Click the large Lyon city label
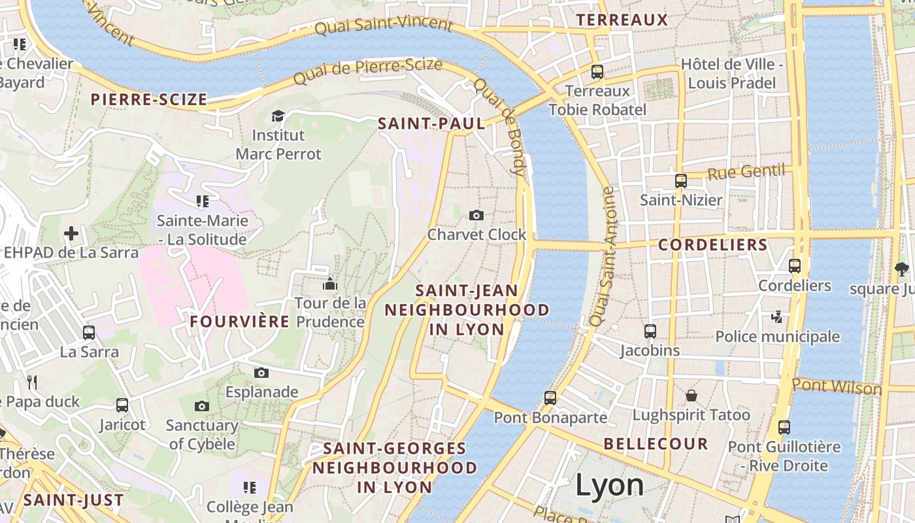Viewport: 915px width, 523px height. [x=609, y=485]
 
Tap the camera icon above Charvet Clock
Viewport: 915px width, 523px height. [x=476, y=215]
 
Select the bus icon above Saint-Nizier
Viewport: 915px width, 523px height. [x=680, y=180]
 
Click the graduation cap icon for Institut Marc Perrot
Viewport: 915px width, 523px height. [x=278, y=116]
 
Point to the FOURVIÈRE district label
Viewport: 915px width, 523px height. [x=239, y=322]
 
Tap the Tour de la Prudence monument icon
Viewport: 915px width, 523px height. [x=330, y=284]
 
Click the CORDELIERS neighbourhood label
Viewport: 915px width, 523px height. [x=712, y=245]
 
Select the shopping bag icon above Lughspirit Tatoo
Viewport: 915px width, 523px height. [x=691, y=396]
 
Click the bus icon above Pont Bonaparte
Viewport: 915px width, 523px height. [x=550, y=397]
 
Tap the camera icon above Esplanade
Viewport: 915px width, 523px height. [x=261, y=373]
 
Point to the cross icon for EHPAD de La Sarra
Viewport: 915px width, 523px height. [x=71, y=233]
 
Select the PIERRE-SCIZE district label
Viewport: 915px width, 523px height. [x=149, y=100]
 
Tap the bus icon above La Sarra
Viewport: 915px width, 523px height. [x=89, y=332]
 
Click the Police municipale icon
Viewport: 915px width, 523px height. [x=776, y=317]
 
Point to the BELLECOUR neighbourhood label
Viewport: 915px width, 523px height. [x=656, y=444]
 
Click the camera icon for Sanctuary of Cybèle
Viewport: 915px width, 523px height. [x=202, y=406]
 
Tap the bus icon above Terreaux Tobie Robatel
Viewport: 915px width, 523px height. [x=597, y=71]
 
